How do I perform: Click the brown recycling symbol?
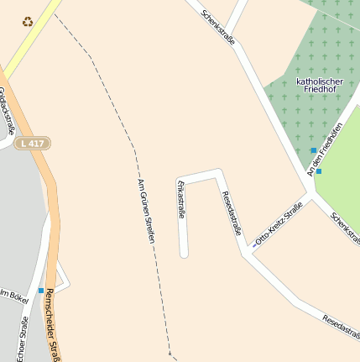click(x=28, y=22)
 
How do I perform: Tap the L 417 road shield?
click(x=34, y=144)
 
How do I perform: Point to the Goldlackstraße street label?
click(x=8, y=110)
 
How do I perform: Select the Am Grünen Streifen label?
click(x=146, y=211)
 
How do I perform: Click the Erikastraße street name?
click(x=180, y=200)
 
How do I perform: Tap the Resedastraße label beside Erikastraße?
click(x=232, y=213)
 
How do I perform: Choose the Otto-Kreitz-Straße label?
click(x=279, y=228)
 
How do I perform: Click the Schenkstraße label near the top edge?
click(x=218, y=28)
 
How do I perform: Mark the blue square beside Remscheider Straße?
click(x=40, y=290)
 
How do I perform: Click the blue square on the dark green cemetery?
click(x=314, y=150)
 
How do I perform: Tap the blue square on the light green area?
click(x=319, y=171)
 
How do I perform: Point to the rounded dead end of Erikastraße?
click(x=184, y=252)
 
